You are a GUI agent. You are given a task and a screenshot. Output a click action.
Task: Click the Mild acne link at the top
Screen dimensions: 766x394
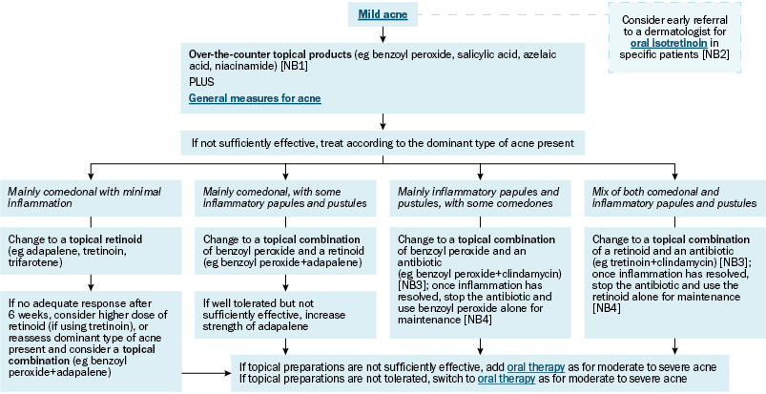tap(383, 14)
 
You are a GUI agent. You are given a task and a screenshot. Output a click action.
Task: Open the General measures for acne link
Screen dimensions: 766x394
tap(255, 98)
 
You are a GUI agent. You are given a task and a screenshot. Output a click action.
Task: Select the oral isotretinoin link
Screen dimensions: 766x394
tap(669, 43)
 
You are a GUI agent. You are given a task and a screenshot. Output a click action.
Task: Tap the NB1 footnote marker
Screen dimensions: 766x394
tap(294, 66)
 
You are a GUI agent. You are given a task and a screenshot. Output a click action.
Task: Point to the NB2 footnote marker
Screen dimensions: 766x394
tap(715, 54)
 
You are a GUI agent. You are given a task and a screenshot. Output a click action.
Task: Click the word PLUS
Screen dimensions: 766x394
tap(201, 82)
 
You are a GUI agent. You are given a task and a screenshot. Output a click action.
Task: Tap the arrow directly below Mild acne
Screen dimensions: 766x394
tap(383, 34)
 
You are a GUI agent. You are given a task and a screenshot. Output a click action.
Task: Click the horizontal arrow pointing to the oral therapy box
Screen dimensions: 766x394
tap(206, 373)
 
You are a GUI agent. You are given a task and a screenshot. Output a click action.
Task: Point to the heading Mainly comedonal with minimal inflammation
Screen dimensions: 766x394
tap(85, 197)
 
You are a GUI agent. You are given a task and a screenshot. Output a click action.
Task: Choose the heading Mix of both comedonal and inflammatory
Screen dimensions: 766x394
tap(674, 197)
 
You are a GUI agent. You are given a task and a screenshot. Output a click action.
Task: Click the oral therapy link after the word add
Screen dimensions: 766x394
tap(536, 367)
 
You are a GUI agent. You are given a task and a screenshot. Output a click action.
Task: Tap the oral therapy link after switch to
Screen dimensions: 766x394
tap(507, 379)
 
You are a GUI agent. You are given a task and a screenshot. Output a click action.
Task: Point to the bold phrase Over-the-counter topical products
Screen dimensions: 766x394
tap(270, 54)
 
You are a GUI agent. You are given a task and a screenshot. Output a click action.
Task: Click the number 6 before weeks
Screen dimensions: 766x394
tap(10, 315)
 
